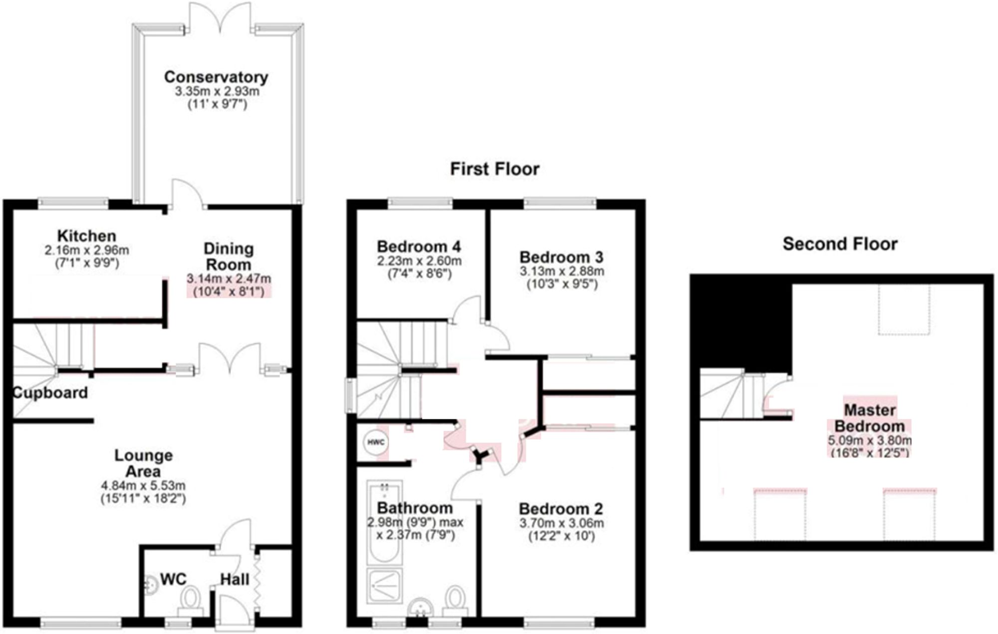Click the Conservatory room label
[x=216, y=77]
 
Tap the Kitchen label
[x=86, y=236]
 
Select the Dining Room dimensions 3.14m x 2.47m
[x=229, y=279]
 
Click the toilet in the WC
[x=190, y=599]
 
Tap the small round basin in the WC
[x=150, y=584]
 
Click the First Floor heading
[x=495, y=169]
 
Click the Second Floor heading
[x=840, y=244]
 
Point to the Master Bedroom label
[x=869, y=418]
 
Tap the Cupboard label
[x=50, y=393]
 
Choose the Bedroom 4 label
[x=419, y=247]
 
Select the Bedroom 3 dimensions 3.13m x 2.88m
[x=562, y=271]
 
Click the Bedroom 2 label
[x=561, y=509]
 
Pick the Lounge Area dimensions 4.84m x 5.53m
[x=143, y=485]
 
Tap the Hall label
[x=235, y=580]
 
